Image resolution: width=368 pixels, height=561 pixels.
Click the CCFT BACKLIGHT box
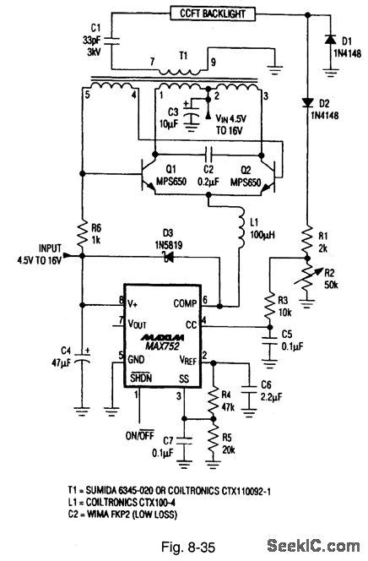[x=213, y=14]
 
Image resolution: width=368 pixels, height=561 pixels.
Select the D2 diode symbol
[x=307, y=103]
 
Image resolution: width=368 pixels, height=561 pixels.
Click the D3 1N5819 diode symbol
[x=168, y=257]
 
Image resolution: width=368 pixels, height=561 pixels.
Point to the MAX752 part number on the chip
[x=162, y=346]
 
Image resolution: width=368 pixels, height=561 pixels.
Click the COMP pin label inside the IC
[x=185, y=303]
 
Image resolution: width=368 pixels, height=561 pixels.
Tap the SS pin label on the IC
[x=184, y=379]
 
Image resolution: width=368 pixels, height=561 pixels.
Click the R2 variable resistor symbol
[x=307, y=279]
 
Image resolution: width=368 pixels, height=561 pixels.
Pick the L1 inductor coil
[x=242, y=228]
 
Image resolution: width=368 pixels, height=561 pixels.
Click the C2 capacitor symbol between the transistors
[x=208, y=155]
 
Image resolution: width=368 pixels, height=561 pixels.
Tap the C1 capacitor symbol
[x=111, y=41]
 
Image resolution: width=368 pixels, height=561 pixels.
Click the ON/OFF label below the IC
[x=140, y=435]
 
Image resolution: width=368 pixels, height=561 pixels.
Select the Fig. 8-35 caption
[x=188, y=547]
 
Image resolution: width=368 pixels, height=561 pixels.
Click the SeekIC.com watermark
[x=313, y=546]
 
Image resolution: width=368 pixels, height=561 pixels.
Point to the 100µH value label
[x=262, y=235]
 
